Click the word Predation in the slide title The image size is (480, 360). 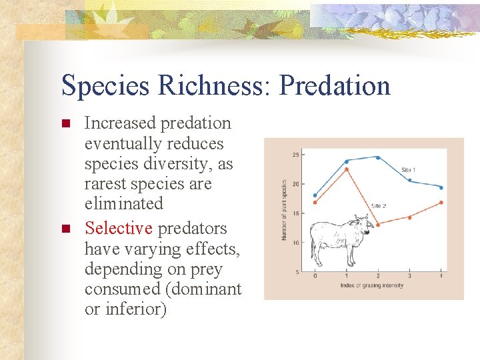click(335, 85)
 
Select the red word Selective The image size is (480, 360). click(119, 228)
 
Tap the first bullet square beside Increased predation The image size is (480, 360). click(65, 124)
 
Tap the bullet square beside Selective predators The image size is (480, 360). click(65, 229)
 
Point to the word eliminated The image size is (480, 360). click(123, 203)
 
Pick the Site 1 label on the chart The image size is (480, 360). click(408, 169)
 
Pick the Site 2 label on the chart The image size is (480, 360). click(378, 206)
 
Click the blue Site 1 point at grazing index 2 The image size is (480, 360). click(378, 157)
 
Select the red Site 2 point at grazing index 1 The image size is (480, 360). click(347, 169)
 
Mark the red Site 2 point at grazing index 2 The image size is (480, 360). click(378, 225)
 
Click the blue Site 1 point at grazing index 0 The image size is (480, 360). click(315, 195)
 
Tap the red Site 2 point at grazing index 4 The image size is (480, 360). click(441, 203)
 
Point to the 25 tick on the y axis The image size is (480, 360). click(295, 155)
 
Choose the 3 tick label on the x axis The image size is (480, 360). click(409, 276)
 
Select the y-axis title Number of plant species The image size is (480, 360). click(283, 210)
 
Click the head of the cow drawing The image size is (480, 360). click(361, 221)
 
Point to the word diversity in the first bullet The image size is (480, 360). click(173, 163)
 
